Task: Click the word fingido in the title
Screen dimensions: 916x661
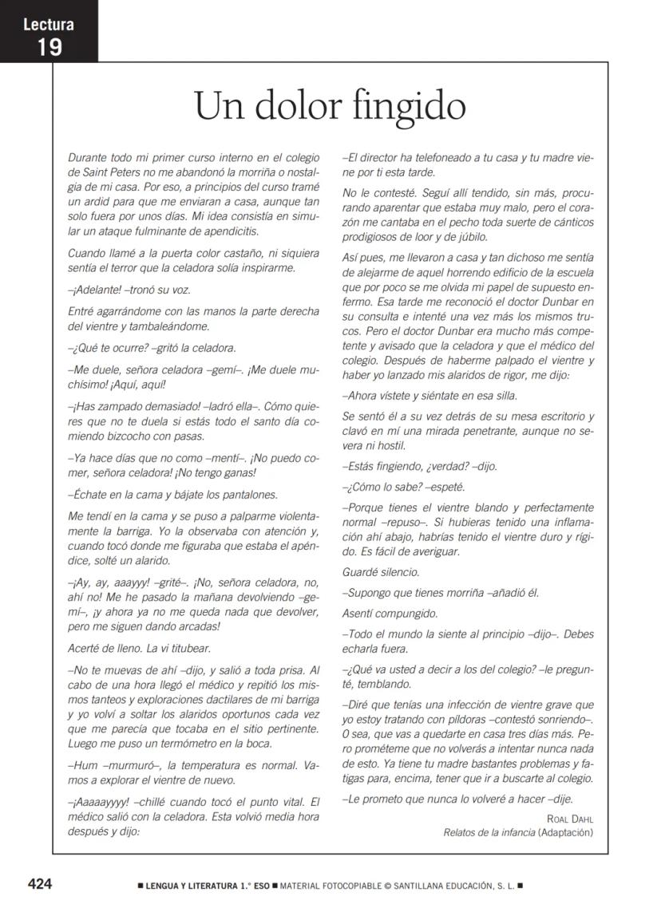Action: point(413,106)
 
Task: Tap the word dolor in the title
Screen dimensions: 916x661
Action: point(304,106)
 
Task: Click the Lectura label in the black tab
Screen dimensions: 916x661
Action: point(49,25)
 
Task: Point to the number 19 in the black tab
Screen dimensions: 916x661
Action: point(49,46)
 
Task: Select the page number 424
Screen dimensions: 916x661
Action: point(40,884)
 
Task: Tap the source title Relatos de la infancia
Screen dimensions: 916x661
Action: point(489,832)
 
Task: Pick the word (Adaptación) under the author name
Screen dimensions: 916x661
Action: point(566,832)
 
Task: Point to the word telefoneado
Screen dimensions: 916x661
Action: point(436,157)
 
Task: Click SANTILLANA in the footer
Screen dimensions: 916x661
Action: point(402,885)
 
